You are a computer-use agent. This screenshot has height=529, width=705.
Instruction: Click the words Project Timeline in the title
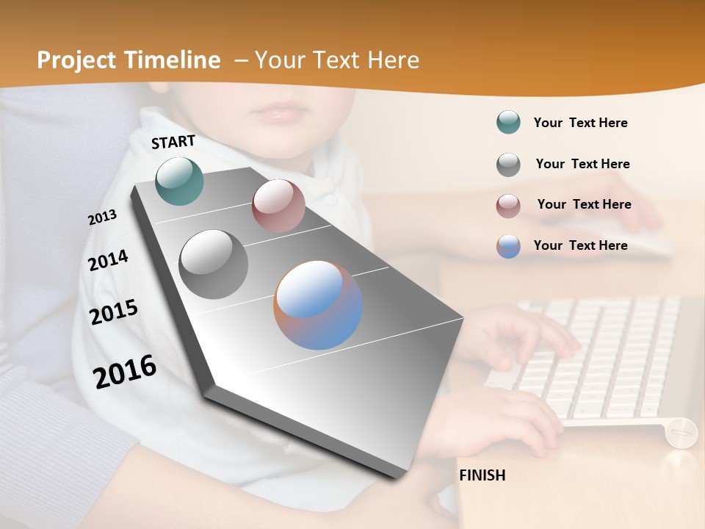pos(129,60)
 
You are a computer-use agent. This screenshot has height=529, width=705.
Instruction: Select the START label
pos(173,142)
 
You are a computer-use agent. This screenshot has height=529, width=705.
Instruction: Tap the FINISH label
pos(482,475)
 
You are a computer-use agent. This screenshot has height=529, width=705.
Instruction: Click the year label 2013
pos(102,217)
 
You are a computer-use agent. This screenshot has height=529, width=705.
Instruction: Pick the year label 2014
pos(108,260)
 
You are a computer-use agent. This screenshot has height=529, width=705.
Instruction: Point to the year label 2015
pos(113,312)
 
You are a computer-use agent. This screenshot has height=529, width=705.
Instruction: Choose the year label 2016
pos(125,371)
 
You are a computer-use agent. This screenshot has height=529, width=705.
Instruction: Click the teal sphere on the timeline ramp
pos(179,181)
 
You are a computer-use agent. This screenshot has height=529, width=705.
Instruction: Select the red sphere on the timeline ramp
pos(278,206)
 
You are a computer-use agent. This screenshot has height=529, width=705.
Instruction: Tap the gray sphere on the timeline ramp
pos(214,264)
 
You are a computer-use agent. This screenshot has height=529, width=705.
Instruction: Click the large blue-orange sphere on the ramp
pos(318,305)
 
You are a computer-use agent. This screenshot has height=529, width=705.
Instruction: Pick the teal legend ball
pos(508,123)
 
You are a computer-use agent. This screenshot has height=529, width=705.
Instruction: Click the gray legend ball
pos(508,165)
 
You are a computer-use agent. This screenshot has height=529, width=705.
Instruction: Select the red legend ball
pos(508,205)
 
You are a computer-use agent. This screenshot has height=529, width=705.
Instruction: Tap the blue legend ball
pos(508,246)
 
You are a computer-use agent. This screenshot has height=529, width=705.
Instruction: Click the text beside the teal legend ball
pos(580,123)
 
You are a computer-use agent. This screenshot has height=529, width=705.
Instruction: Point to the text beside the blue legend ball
pos(580,245)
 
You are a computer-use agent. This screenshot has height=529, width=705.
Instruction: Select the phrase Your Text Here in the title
pos(336,60)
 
